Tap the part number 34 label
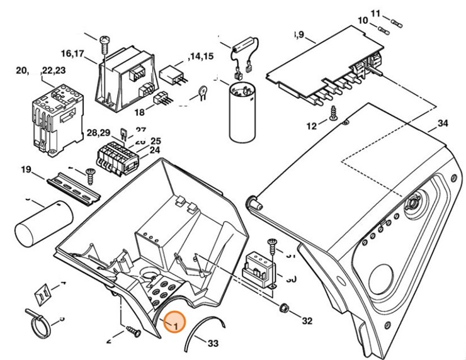(443, 123)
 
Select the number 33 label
(213, 344)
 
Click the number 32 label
(307, 321)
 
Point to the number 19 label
(26, 169)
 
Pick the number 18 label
(139, 112)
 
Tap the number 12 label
(312, 126)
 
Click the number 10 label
(363, 21)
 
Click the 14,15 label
(202, 57)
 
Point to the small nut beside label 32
(284, 308)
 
